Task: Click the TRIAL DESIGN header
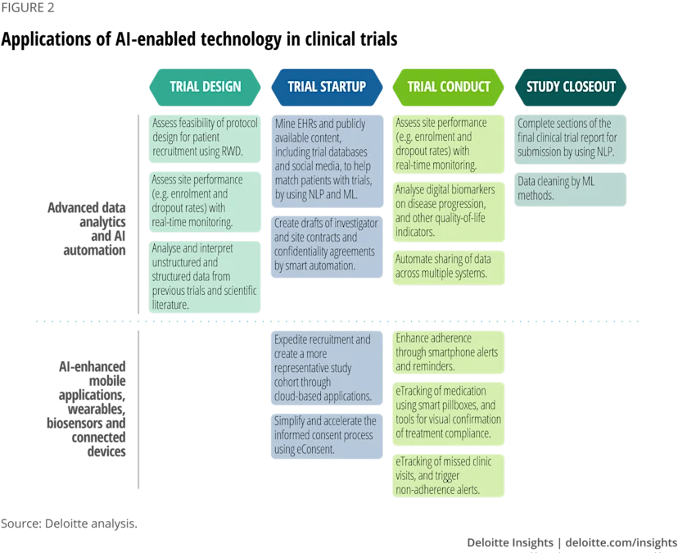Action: (205, 87)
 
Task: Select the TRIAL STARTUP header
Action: (327, 87)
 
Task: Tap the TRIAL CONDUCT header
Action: (449, 87)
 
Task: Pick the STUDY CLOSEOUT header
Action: (571, 87)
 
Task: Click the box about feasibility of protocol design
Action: (205, 138)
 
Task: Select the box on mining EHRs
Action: (327, 161)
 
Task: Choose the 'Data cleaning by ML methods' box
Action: (571, 189)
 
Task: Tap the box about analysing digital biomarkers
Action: (449, 211)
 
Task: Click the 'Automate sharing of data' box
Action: (449, 267)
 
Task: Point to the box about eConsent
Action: (327, 436)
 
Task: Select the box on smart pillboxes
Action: (449, 413)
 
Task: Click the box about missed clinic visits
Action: (449, 475)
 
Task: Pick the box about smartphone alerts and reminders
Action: (449, 352)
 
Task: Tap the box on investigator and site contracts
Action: (327, 247)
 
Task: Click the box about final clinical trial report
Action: (571, 139)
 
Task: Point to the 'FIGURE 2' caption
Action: (27, 8)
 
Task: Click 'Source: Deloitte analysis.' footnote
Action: (69, 524)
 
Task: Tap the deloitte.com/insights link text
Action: (621, 542)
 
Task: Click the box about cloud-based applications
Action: (327, 368)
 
